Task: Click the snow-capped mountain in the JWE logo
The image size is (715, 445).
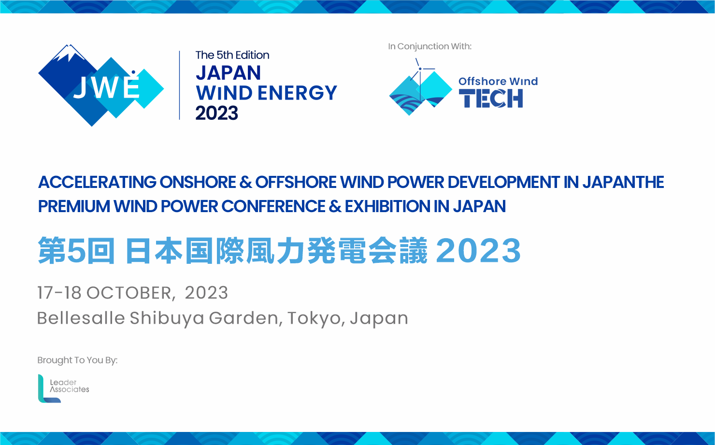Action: click(68, 53)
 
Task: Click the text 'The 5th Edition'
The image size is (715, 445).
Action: click(232, 55)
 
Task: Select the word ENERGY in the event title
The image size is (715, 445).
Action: click(297, 93)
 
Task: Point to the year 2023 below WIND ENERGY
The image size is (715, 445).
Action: click(217, 113)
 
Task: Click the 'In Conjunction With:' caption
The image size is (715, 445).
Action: click(429, 46)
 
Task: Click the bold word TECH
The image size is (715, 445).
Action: click(491, 98)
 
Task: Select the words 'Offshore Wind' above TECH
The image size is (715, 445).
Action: click(498, 81)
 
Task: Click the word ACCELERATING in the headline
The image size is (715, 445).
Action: click(98, 182)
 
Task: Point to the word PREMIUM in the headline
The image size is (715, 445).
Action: click(74, 206)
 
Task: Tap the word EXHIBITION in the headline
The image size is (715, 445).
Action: click(387, 206)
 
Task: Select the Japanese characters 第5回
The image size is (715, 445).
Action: click(76, 251)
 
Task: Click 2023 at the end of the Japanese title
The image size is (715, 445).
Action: click(478, 251)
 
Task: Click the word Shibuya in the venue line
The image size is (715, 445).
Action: click(167, 318)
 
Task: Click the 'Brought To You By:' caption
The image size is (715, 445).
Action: click(78, 360)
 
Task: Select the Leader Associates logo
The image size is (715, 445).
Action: click(63, 388)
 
